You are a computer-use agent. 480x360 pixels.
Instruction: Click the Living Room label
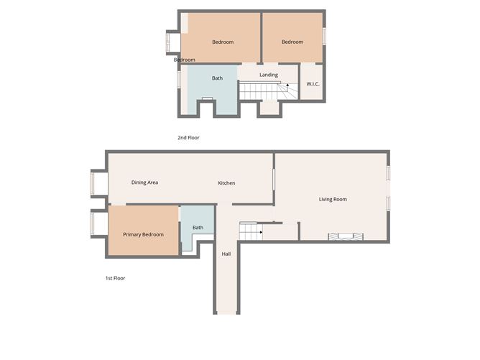[x=333, y=199]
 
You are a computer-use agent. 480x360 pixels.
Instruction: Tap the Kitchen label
[x=226, y=183]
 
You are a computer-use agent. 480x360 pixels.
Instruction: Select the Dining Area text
[x=145, y=183]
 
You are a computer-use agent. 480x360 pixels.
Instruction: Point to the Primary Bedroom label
[x=143, y=234]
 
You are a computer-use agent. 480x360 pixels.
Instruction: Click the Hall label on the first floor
[x=226, y=254]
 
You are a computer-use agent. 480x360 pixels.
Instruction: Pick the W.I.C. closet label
[x=313, y=84]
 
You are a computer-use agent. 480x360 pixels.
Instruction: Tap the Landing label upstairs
[x=269, y=75]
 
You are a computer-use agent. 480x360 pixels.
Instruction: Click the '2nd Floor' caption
[x=188, y=138]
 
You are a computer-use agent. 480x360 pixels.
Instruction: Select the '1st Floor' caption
[x=116, y=278]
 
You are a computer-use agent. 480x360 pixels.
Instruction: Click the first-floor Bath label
[x=198, y=228]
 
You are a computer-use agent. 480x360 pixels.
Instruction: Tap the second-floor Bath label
[x=217, y=78]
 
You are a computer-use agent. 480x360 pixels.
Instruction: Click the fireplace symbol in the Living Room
[x=346, y=236]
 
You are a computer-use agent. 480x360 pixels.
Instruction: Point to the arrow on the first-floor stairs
[x=261, y=232]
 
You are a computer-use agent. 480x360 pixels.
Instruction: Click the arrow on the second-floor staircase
[x=287, y=85]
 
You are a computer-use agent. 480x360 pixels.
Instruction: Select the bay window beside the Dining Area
[x=92, y=183]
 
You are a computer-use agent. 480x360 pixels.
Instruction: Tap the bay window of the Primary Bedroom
[x=92, y=223]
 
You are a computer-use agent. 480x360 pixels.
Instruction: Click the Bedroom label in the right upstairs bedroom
[x=292, y=42]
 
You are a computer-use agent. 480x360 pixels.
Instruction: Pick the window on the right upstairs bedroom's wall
[x=324, y=37]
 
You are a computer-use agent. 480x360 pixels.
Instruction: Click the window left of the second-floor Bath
[x=179, y=79]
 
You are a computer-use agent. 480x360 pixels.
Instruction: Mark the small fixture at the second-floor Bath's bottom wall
[x=207, y=98]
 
